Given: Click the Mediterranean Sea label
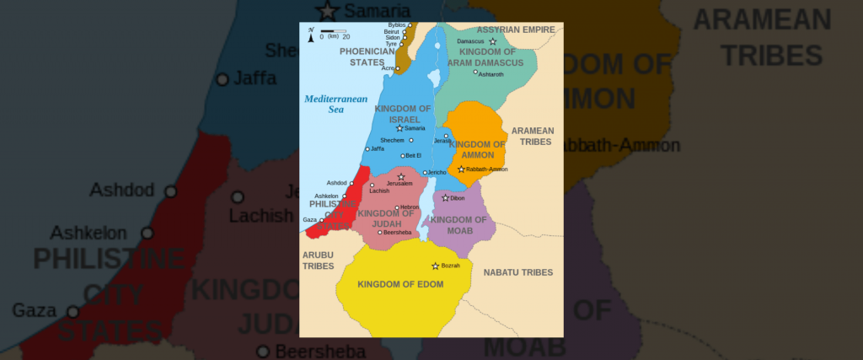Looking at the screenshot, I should [331, 104].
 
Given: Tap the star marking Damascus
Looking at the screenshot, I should [493, 41].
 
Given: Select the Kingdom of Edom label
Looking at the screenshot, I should [400, 284].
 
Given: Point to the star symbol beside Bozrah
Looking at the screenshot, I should [436, 266].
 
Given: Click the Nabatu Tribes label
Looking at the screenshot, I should [517, 272].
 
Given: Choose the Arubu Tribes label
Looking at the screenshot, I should [319, 260].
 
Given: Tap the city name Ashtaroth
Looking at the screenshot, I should [491, 74].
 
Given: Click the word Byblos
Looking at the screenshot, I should [397, 25].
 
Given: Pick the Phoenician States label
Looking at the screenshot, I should [367, 56].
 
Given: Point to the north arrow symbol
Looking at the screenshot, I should [312, 32].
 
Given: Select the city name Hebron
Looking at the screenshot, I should [410, 207].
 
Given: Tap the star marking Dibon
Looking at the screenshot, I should [445, 198].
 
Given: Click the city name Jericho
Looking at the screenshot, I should [437, 173].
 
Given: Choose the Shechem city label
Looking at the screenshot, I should [392, 140].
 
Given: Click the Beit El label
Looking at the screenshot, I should [413, 155].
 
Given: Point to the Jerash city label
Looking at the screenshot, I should [442, 141].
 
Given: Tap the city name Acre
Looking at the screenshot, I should [389, 68].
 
